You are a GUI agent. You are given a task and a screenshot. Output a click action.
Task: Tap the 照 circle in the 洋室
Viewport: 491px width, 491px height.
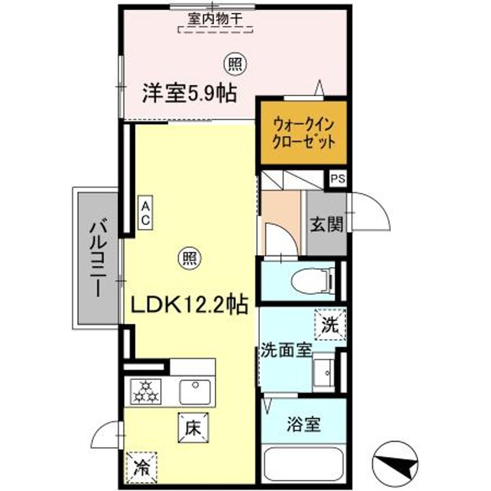coord(235,64)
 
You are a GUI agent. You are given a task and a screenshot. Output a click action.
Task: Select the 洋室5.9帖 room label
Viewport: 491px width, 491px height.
coord(189,93)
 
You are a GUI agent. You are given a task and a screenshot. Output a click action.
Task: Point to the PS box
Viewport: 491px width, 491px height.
coord(338,179)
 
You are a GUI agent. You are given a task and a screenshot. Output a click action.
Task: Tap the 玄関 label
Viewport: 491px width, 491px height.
coord(327,224)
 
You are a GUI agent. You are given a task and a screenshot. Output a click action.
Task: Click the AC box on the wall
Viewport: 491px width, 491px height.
coord(146,213)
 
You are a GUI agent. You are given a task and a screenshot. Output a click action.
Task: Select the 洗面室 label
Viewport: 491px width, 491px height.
coord(285,351)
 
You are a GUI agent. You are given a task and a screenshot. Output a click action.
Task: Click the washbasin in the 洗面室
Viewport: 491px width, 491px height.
coord(324,373)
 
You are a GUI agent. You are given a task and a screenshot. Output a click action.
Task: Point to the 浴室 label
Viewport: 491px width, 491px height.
coord(303,423)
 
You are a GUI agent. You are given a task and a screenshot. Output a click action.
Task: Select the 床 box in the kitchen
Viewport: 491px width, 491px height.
coord(194,430)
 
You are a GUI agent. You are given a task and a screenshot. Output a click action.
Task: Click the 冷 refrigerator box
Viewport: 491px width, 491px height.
coord(141,468)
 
